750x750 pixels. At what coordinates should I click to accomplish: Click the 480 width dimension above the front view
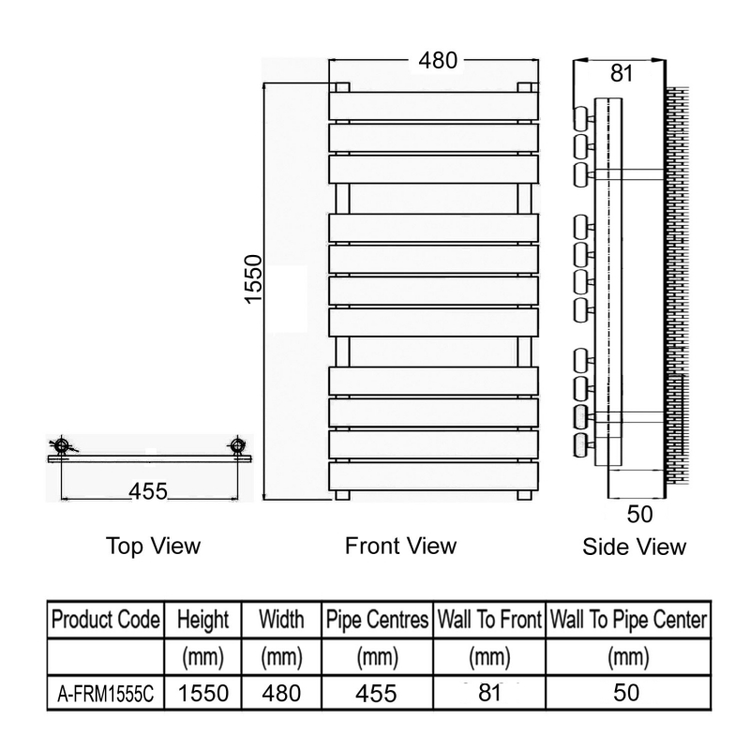pyautogui.click(x=438, y=61)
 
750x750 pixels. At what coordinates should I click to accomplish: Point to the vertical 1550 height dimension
pyautogui.click(x=253, y=279)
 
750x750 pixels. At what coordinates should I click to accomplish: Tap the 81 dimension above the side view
pyautogui.click(x=622, y=73)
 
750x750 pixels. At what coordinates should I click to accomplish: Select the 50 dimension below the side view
pyautogui.click(x=639, y=514)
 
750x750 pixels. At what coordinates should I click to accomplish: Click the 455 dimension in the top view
pyautogui.click(x=148, y=491)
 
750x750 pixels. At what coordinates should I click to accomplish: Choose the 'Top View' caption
pyautogui.click(x=153, y=546)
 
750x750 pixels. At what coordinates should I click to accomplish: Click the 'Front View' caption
pyautogui.click(x=401, y=546)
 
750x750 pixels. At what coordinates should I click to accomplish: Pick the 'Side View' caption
pyautogui.click(x=635, y=547)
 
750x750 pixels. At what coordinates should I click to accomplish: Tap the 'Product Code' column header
pyautogui.click(x=105, y=620)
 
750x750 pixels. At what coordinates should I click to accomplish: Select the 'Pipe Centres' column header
pyautogui.click(x=377, y=620)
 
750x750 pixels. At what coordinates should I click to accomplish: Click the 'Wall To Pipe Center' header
pyautogui.click(x=628, y=620)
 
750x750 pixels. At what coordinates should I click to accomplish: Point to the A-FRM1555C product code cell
pyautogui.click(x=105, y=694)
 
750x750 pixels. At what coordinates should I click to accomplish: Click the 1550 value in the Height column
pyautogui.click(x=203, y=693)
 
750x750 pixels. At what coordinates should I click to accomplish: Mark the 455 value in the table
pyautogui.click(x=376, y=693)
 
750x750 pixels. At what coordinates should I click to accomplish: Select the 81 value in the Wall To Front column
pyautogui.click(x=488, y=692)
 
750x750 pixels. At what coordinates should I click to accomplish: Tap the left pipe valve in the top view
pyautogui.click(x=62, y=446)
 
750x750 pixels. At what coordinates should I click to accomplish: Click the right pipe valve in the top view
pyautogui.click(x=236, y=446)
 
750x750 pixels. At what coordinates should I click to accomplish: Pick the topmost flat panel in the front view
pyautogui.click(x=433, y=106)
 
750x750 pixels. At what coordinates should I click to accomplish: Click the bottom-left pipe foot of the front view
pyautogui.click(x=342, y=495)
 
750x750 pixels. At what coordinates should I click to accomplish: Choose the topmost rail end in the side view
pyautogui.click(x=581, y=119)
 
